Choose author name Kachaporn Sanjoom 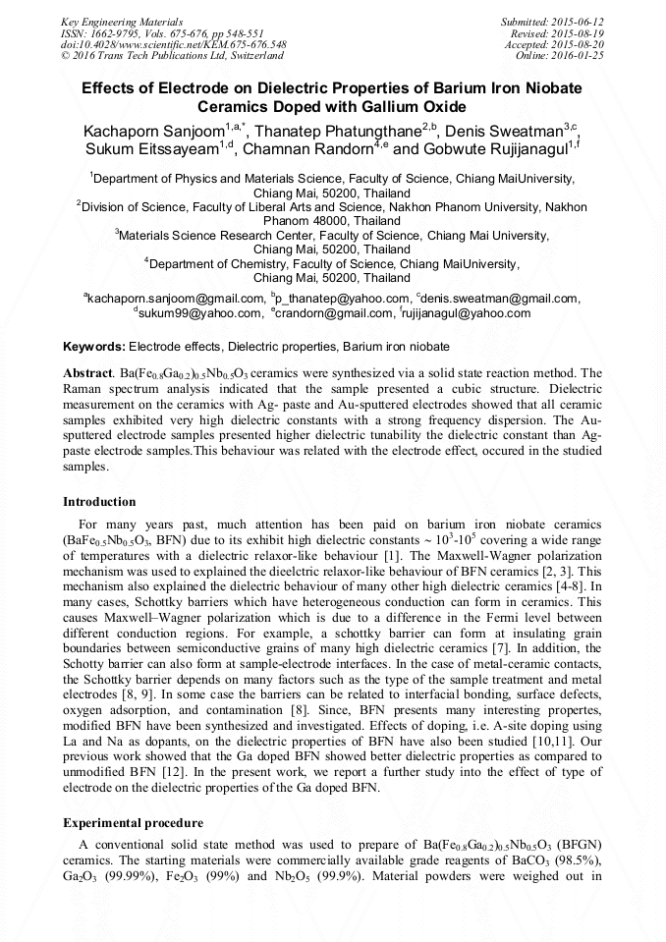154,131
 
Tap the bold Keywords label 94,347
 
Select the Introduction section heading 99,502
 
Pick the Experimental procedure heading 133,822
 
